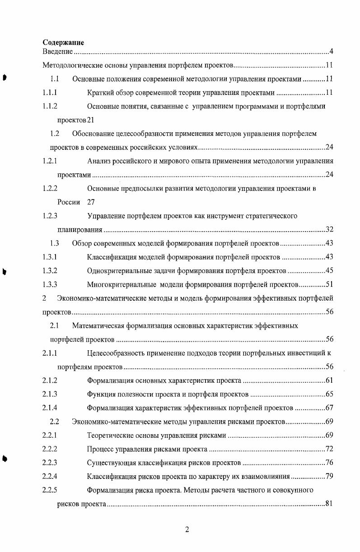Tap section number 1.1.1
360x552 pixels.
(x=50, y=93)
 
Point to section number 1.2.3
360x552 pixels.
(x=50, y=216)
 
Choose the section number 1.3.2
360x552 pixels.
(x=50, y=271)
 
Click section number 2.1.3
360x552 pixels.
(x=50, y=394)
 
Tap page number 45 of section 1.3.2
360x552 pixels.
(x=329, y=271)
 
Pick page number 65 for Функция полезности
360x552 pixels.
(x=329, y=394)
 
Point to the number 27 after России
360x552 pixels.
(x=91, y=202)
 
